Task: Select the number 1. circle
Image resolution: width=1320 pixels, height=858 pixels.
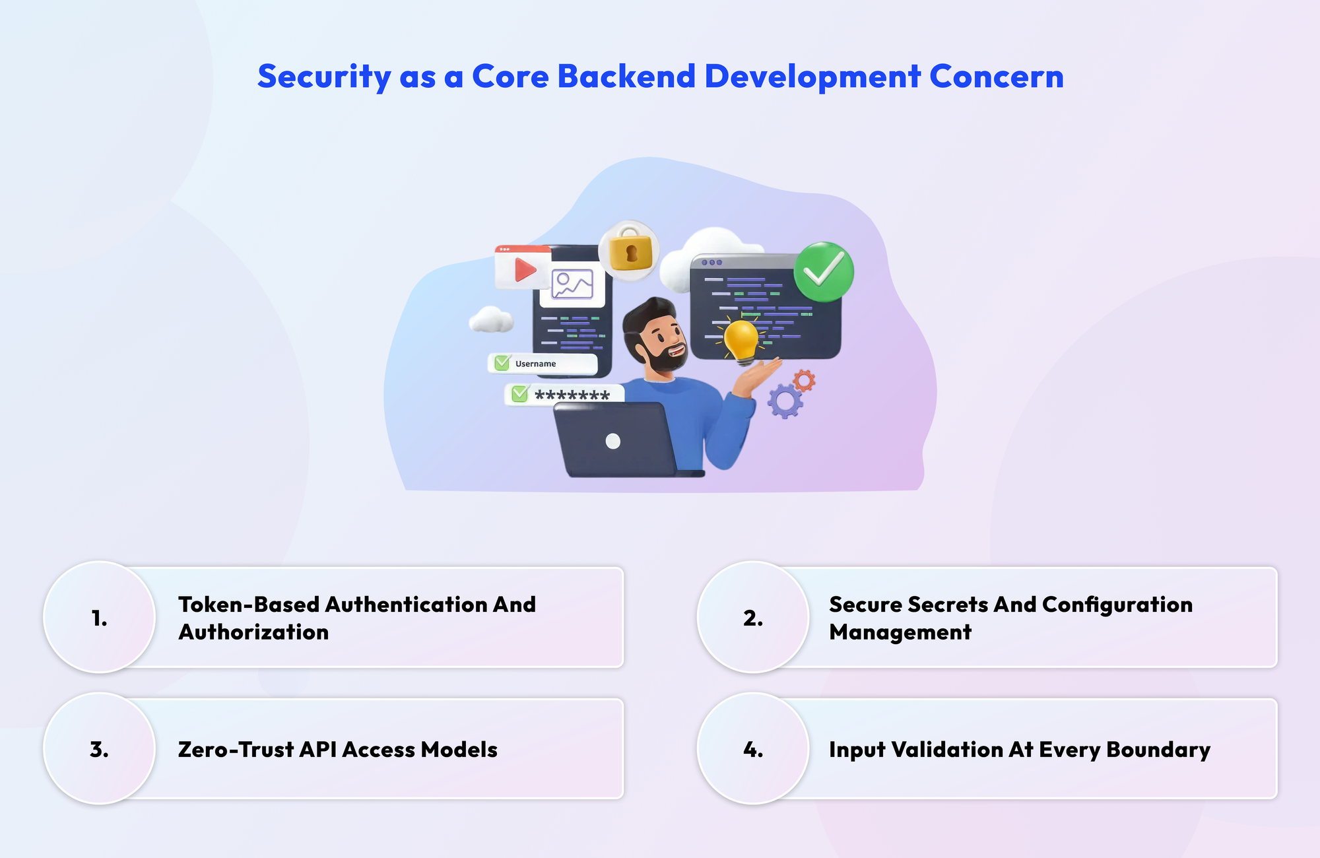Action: click(x=100, y=618)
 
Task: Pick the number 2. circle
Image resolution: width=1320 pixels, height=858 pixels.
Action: click(x=753, y=618)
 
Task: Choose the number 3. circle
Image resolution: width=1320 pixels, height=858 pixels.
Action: click(x=100, y=749)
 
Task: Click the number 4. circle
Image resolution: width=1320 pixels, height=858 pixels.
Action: click(x=753, y=749)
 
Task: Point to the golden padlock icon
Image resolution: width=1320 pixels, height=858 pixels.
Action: click(x=630, y=251)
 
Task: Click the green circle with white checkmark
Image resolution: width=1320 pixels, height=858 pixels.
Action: click(x=824, y=271)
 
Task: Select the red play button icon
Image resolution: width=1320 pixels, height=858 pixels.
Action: click(x=525, y=269)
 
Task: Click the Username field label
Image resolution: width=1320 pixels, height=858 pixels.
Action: click(x=535, y=364)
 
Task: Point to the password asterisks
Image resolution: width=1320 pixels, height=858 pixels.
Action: click(x=572, y=396)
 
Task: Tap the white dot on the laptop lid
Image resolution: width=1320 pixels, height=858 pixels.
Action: click(x=613, y=441)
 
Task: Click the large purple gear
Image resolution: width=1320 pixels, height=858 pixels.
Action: click(x=785, y=401)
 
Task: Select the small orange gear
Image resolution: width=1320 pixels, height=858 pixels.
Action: click(x=804, y=380)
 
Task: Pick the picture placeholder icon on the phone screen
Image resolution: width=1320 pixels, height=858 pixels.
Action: click(x=572, y=285)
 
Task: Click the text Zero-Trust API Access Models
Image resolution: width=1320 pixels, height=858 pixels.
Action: click(x=337, y=750)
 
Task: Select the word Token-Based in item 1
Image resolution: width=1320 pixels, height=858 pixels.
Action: click(x=249, y=605)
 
